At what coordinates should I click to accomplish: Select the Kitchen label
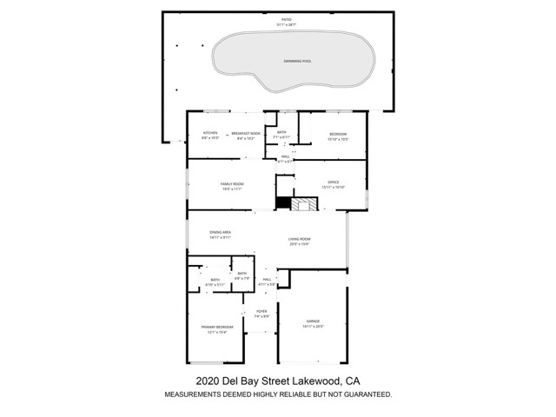209,134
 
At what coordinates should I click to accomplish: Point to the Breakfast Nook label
246,134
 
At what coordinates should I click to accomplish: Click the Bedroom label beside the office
337,134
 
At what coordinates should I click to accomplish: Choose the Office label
333,182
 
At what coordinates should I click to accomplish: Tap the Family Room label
231,184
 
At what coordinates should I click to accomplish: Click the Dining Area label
220,233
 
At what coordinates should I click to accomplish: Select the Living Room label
300,240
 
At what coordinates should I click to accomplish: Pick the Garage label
312,322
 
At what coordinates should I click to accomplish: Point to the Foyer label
261,312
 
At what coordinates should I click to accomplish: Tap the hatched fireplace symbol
303,205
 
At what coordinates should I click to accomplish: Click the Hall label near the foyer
268,280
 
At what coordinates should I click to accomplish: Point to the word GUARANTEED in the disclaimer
358,394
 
